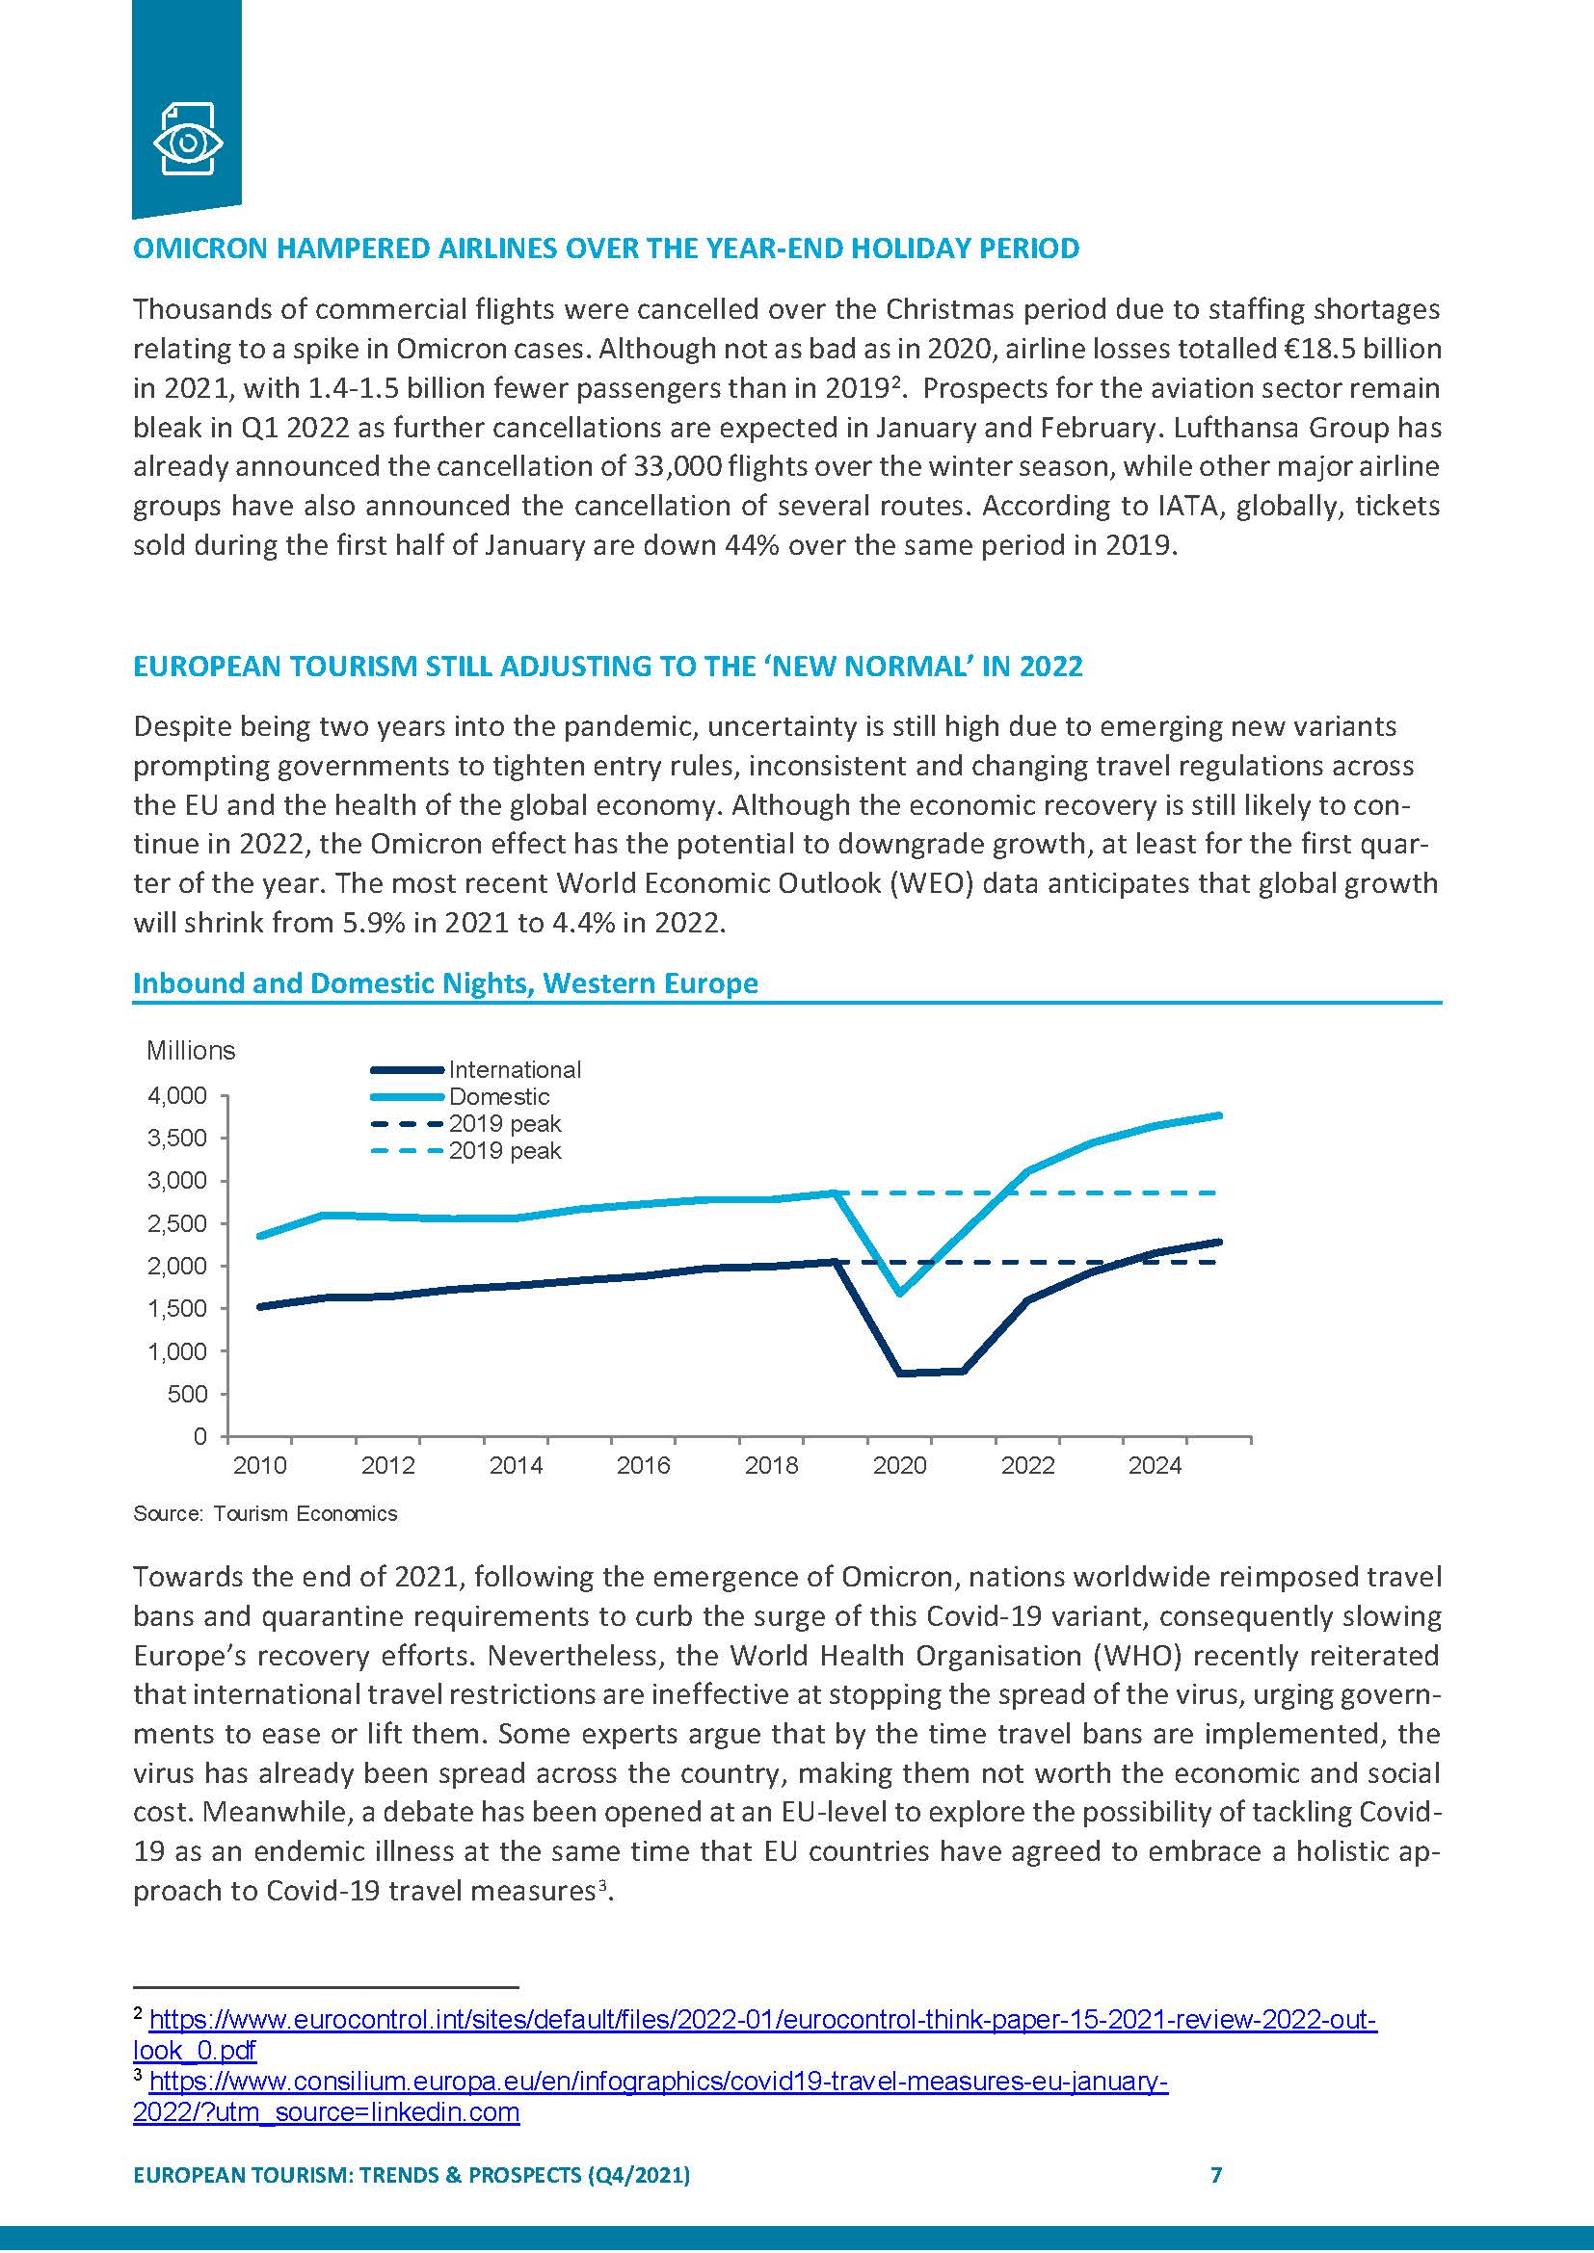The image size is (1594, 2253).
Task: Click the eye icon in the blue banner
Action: click(187, 143)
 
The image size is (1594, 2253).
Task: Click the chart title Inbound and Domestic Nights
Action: click(444, 983)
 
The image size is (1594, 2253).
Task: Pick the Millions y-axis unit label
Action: click(191, 1050)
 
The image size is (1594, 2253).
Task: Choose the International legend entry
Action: click(514, 1069)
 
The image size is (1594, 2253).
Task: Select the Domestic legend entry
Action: click(498, 1096)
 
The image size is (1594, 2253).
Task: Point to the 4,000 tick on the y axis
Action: click(177, 1095)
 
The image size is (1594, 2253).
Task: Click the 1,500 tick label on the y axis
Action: click(177, 1308)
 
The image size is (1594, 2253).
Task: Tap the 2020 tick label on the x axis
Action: click(899, 1465)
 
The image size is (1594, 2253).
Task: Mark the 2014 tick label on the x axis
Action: click(516, 1465)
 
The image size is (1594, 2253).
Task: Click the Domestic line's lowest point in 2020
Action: click(900, 1293)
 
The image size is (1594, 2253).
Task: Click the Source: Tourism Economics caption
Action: click(265, 1513)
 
